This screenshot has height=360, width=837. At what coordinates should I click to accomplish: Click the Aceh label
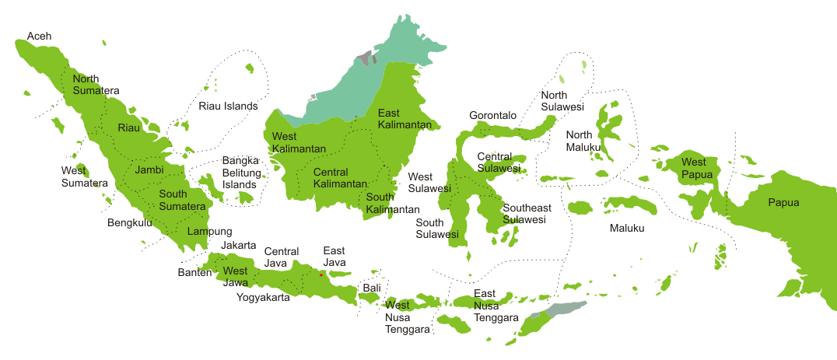click(39, 37)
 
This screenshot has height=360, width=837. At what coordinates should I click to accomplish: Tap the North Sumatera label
click(96, 85)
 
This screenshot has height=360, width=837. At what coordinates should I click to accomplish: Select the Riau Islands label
click(228, 106)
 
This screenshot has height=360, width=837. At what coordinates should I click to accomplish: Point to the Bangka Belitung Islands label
click(240, 173)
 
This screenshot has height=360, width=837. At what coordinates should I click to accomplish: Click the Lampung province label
click(209, 231)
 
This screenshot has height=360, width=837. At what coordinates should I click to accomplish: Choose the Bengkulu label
click(129, 223)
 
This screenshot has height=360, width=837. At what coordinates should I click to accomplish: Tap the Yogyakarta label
click(264, 297)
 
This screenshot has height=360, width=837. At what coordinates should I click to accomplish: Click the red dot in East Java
click(320, 274)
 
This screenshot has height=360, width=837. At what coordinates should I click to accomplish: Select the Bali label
click(372, 288)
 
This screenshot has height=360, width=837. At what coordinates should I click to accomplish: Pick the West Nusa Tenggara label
click(407, 316)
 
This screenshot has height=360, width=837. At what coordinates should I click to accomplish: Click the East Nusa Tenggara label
click(496, 306)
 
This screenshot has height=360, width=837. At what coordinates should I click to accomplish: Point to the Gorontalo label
click(492, 115)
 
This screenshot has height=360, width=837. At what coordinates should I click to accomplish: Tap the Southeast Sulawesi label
click(527, 214)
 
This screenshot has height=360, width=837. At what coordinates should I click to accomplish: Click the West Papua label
click(694, 168)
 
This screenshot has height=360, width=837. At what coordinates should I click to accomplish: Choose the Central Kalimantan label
click(340, 178)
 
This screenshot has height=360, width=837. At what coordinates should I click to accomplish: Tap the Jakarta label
click(238, 245)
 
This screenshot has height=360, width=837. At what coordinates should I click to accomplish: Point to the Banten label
click(194, 273)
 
